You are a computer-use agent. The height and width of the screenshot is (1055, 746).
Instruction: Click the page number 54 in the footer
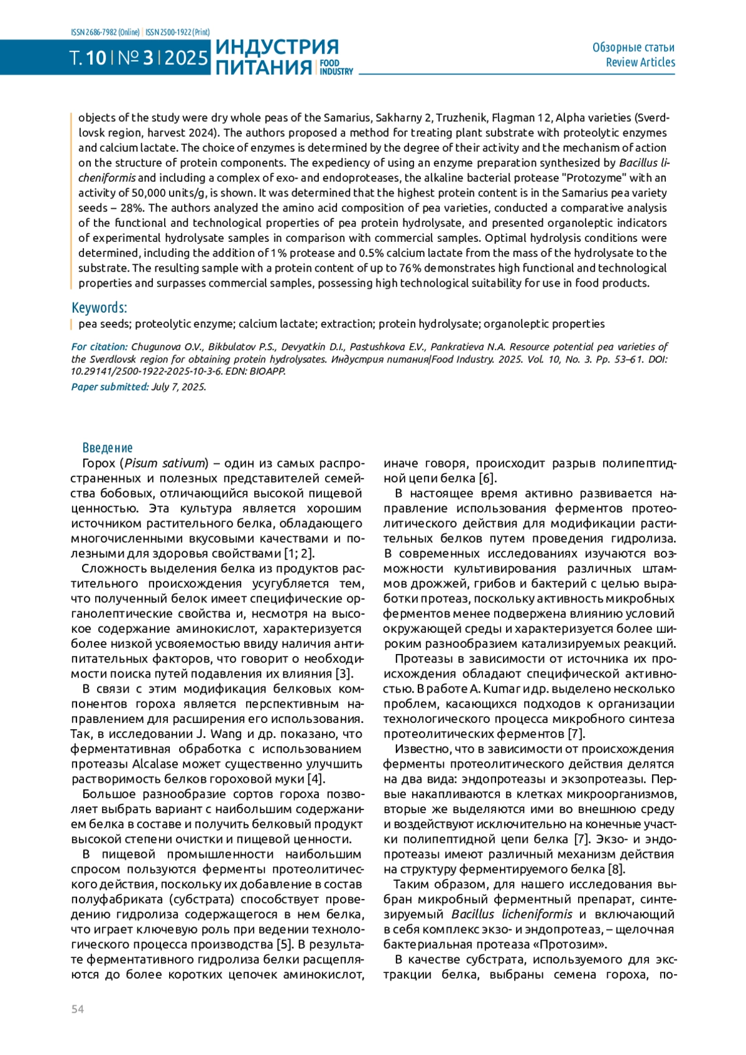(77, 1009)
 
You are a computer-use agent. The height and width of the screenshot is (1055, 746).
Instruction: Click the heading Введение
(108, 448)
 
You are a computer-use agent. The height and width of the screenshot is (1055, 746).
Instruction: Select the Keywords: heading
(99, 308)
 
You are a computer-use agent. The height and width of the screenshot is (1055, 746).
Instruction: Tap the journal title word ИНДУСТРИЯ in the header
(277, 47)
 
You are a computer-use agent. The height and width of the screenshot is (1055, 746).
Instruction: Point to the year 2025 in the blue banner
(186, 58)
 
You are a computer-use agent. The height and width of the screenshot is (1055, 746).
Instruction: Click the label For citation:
(99, 347)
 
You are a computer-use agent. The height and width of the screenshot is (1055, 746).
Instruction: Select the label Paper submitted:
(109, 387)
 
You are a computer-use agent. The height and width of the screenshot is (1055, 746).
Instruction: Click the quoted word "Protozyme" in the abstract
(592, 178)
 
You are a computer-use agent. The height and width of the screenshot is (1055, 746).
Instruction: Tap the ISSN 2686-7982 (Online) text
(105, 32)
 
